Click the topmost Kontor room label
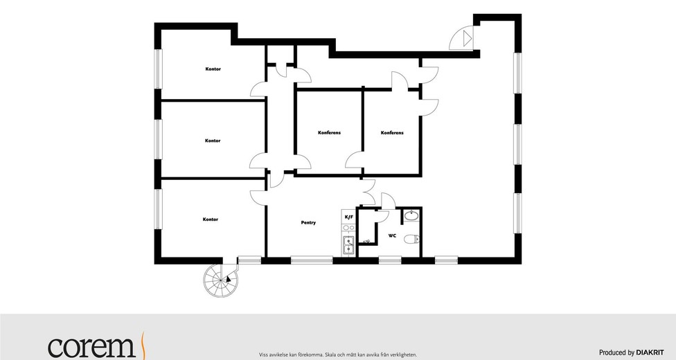click(x=213, y=69)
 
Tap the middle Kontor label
click(x=213, y=141)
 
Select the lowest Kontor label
click(x=211, y=219)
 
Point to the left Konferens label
click(x=330, y=133)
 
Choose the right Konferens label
click(x=392, y=133)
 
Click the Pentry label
click(x=308, y=223)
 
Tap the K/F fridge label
click(x=348, y=217)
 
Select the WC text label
click(x=392, y=236)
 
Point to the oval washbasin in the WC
click(x=411, y=215)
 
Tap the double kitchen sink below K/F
click(x=348, y=245)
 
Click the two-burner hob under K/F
click(x=348, y=228)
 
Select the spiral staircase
click(x=221, y=280)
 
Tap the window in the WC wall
click(x=390, y=260)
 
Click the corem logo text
click(x=92, y=347)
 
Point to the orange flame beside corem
click(x=143, y=344)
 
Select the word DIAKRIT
click(x=650, y=352)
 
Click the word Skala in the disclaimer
click(x=330, y=355)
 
